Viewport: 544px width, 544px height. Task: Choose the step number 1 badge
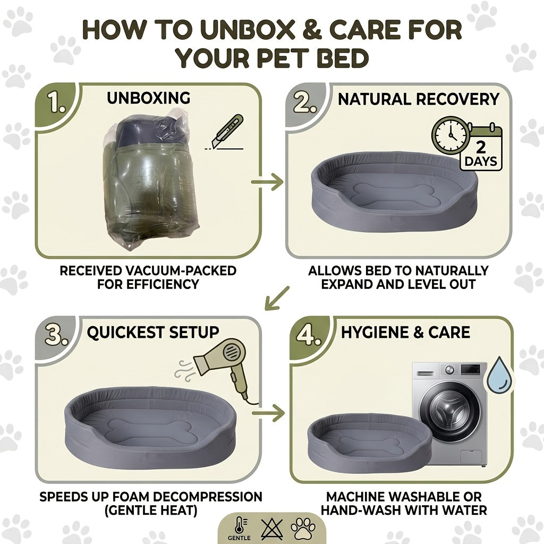point(56,103)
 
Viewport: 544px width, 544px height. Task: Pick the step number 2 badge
point(304,103)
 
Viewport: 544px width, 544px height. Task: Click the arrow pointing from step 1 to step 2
point(267,182)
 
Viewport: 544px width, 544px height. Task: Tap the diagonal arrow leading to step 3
point(276,298)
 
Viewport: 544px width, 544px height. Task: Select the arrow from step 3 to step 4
point(268,413)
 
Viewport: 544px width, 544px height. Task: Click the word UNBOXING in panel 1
point(149,98)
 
